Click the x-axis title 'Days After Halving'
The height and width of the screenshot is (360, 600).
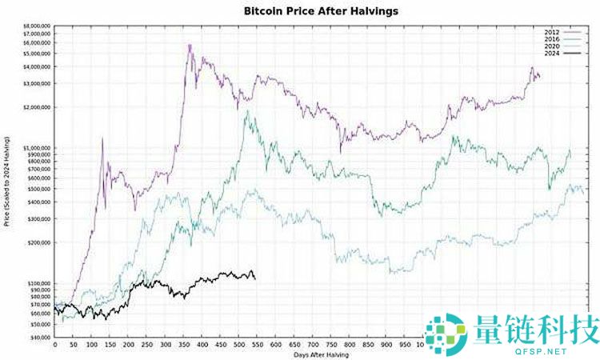point(320,354)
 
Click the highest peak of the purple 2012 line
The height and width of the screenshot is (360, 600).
point(190,45)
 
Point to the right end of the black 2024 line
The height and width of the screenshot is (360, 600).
point(255,278)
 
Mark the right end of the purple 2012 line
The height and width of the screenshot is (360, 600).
point(539,77)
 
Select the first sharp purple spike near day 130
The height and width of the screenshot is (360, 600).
point(102,139)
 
